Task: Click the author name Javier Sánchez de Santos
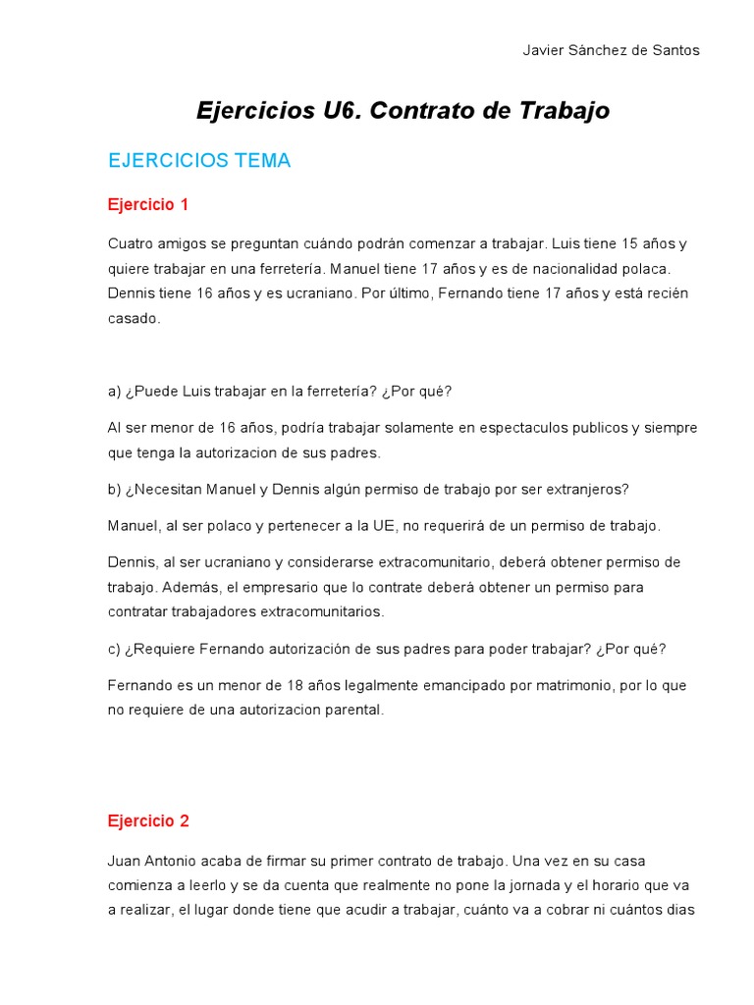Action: point(611,51)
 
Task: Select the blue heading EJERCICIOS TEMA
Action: point(199,161)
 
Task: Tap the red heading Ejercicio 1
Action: point(147,205)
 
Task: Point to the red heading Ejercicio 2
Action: point(147,820)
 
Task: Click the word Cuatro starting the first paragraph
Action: point(131,243)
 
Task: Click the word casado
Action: point(133,318)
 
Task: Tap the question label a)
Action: point(114,391)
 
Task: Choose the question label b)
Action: point(114,489)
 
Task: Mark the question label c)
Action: point(114,649)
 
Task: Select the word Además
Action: point(179,587)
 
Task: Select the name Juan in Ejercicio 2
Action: point(124,861)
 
